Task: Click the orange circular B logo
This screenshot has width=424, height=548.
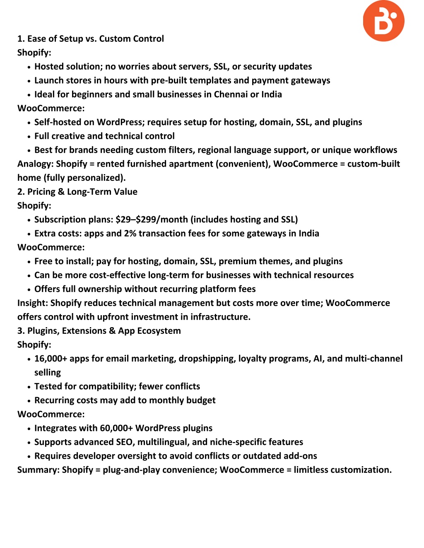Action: pyautogui.click(x=383, y=21)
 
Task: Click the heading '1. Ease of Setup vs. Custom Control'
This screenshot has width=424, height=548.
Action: pyautogui.click(x=90, y=39)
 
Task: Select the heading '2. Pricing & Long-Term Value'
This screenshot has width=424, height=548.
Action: pyautogui.click(x=77, y=192)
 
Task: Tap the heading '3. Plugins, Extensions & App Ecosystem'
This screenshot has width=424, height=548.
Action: pyautogui.click(x=99, y=331)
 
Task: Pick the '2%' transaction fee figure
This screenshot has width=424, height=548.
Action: pyautogui.click(x=130, y=234)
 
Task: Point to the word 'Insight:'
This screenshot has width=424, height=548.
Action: pyautogui.click(x=33, y=303)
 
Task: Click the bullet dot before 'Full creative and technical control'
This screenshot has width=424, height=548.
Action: pyautogui.click(x=29, y=136)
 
